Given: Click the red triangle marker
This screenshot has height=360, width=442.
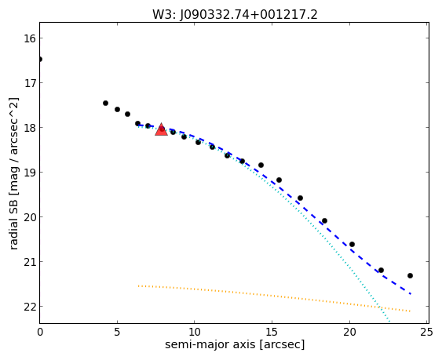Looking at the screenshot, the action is tap(161, 129).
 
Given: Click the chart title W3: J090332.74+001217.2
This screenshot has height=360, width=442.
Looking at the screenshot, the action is tap(235, 15).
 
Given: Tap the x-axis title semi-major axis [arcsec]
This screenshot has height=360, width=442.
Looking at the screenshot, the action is tap(235, 345).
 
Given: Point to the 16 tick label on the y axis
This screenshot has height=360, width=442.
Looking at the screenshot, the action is tap(30, 38).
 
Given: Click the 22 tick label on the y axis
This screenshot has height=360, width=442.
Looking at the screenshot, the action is tap(30, 307).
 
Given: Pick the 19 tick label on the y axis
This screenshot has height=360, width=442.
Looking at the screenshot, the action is tap(30, 173).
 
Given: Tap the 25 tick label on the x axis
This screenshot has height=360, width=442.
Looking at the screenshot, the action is tap(427, 333).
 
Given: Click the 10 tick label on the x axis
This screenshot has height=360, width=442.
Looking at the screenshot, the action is tap(195, 333).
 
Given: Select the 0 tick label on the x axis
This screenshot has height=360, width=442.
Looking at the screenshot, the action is tap(40, 333).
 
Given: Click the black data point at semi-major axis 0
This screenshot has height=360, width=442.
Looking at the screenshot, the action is tap(40, 59).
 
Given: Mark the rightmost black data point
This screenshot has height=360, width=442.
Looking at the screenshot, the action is tap(410, 276).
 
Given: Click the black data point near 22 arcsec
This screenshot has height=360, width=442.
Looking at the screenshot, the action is tap(381, 271).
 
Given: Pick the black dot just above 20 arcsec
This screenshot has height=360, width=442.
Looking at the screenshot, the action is tap(352, 245).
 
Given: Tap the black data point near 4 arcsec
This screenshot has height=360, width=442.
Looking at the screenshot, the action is tap(105, 104).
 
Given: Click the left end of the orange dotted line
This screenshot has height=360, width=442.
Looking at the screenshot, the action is tap(138, 286).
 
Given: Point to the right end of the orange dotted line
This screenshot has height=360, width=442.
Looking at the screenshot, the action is tap(410, 311).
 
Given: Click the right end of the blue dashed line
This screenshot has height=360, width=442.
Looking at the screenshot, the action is tap(411, 294).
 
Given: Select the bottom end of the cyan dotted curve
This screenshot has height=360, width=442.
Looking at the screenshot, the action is tap(389, 322).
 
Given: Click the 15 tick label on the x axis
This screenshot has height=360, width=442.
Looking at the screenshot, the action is tap(272, 333).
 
